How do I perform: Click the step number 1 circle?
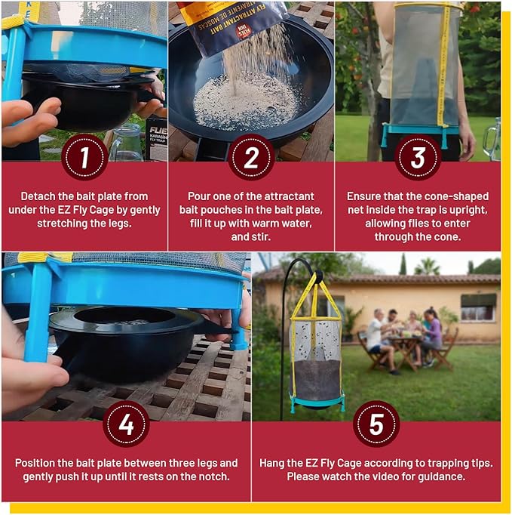[84, 157]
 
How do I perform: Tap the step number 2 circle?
[251, 157]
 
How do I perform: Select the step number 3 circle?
[418, 157]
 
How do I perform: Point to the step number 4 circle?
[126, 424]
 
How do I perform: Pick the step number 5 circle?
[376, 424]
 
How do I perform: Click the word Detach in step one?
[38, 196]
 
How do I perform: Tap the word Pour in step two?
[193, 196]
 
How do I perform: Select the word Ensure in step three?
[363, 196]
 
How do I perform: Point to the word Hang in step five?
[273, 463]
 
